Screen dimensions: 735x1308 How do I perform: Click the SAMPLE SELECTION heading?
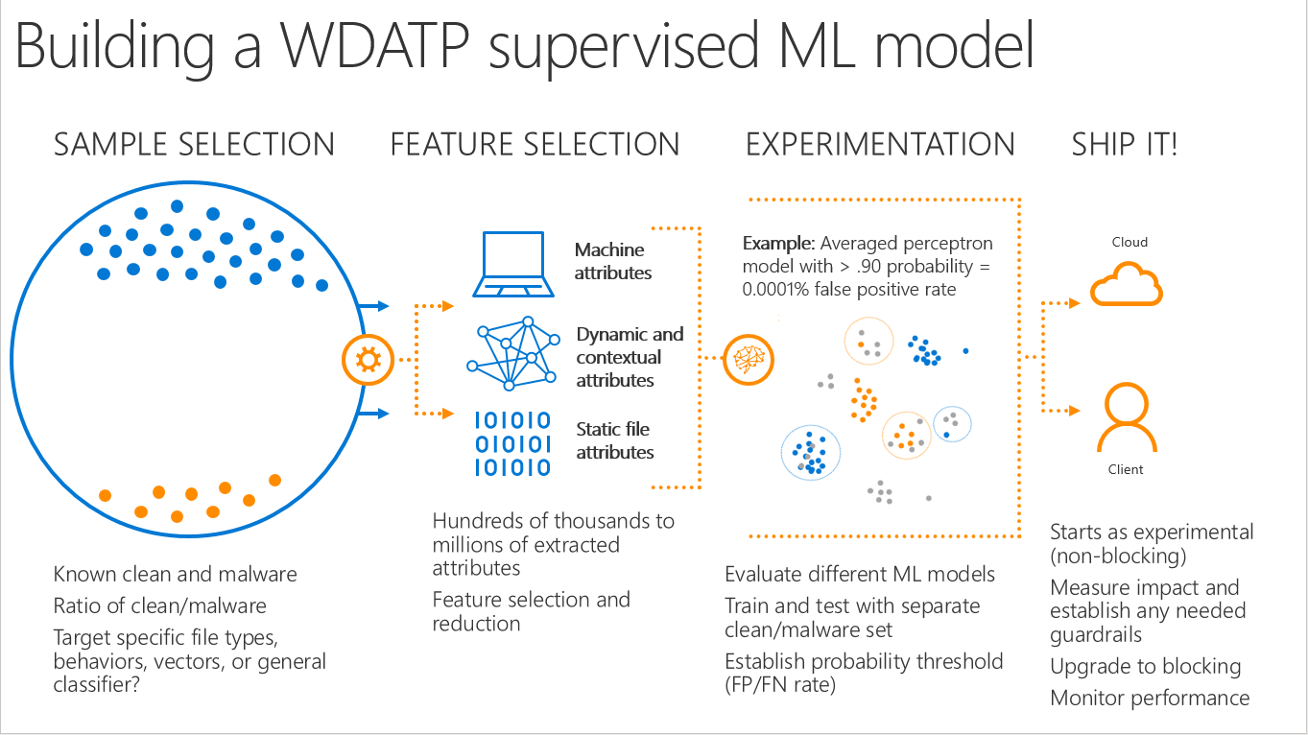tap(194, 145)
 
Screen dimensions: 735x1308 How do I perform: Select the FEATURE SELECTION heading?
tap(535, 145)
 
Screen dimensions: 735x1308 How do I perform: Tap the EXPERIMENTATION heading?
tap(880, 145)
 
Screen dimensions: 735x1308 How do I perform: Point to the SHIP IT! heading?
tap(1125, 145)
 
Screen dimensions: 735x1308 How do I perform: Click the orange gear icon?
tap(367, 360)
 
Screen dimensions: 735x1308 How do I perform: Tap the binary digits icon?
tap(513, 443)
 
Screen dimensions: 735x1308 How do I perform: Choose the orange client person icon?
tap(1129, 417)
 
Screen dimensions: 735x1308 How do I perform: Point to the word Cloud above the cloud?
tap(1130, 243)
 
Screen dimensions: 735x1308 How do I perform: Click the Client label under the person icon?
tap(1126, 469)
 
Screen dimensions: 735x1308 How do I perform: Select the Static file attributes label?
tap(615, 440)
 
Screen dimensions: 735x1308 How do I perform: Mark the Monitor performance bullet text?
tap(1150, 698)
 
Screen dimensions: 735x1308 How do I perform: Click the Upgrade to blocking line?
tap(1145, 666)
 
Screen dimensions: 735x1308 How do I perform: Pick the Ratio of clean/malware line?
tap(160, 605)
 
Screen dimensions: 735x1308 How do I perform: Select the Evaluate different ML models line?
tap(860, 575)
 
